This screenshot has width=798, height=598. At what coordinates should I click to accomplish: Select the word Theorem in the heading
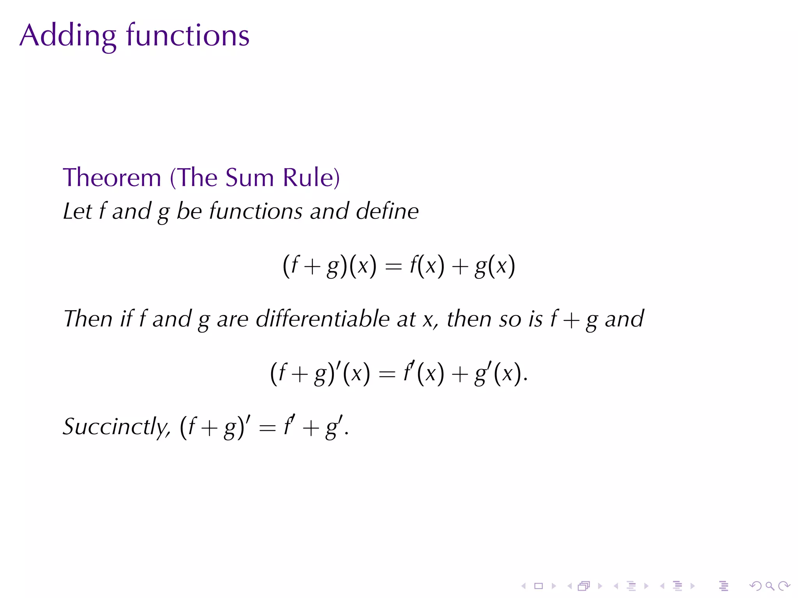[x=112, y=178]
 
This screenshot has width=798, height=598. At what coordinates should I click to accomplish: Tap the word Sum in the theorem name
[x=250, y=178]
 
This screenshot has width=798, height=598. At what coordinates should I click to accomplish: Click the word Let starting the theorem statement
[x=77, y=211]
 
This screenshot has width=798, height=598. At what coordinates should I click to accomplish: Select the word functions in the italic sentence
[x=256, y=211]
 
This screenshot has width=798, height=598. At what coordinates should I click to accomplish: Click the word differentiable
[x=323, y=319]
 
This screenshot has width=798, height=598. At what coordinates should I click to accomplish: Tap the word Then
[x=88, y=319]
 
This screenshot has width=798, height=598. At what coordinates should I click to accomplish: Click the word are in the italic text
[x=233, y=319]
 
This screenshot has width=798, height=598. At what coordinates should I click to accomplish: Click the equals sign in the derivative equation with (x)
[x=387, y=374]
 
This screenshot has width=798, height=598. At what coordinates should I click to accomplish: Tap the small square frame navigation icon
[x=538, y=586]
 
